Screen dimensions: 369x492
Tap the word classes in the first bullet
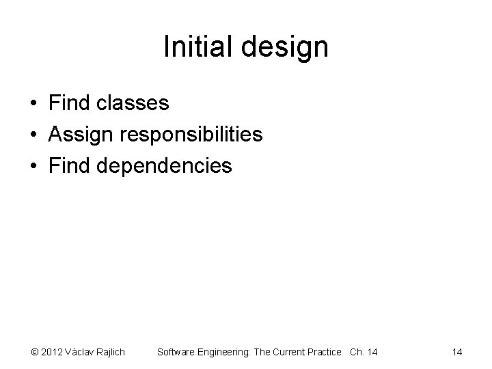(x=133, y=103)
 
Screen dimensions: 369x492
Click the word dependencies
(x=164, y=166)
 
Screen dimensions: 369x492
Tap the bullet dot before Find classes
(x=33, y=104)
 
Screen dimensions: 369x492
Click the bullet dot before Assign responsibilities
(x=33, y=135)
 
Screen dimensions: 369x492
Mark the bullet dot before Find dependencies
(x=33, y=167)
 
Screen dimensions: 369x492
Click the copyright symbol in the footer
(x=34, y=353)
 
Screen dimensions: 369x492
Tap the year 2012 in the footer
(x=52, y=353)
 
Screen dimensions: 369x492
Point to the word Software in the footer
(x=176, y=353)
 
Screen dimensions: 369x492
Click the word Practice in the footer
(x=324, y=353)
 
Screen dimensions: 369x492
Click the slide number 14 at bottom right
(x=457, y=353)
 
